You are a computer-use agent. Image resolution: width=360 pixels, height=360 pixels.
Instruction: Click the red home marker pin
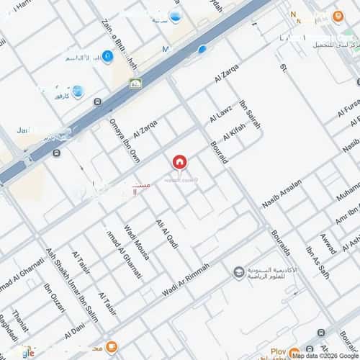click(179, 162)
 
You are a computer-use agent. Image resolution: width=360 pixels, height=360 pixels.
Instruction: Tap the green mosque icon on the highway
click(135, 84)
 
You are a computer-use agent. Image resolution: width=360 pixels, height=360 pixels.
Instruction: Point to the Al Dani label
click(74, 332)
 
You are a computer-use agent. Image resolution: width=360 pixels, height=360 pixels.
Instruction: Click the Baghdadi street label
click(6, 328)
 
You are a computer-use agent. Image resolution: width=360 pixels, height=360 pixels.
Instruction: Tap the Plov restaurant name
click(278, 352)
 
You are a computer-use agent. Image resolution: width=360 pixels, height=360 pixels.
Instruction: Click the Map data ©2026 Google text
click(325, 356)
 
